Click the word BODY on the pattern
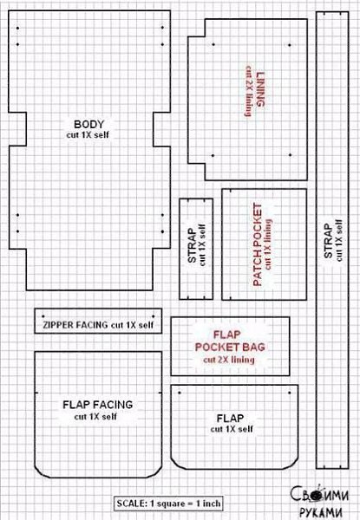point(89,124)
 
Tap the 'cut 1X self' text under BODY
point(88,135)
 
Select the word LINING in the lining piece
point(261,89)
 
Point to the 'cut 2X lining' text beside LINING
point(248,91)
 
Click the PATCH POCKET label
point(258,244)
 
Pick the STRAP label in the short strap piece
point(192,245)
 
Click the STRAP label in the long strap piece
point(328,241)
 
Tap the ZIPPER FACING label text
point(75,325)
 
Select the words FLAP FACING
point(97,405)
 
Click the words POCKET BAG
point(230,347)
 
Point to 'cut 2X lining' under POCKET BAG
point(229,360)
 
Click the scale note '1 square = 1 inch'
point(185,504)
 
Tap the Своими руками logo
point(319,501)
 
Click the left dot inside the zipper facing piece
point(43,316)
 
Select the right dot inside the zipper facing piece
point(153,316)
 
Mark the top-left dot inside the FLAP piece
point(180,393)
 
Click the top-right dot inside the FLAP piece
point(290,393)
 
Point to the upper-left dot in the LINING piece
point(213,44)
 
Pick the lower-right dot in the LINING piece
point(291,155)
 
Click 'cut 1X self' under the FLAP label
point(232,429)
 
